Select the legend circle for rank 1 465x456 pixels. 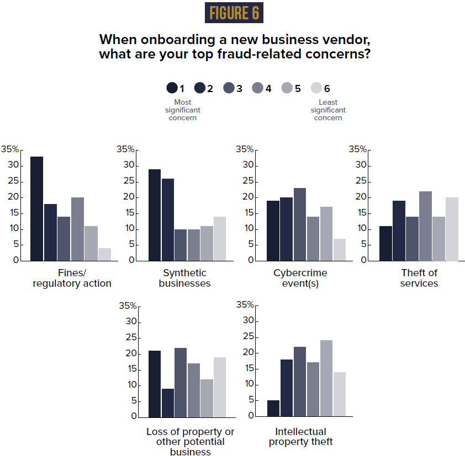tap(172, 88)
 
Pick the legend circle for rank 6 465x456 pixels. tap(316, 88)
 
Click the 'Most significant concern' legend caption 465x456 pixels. tap(182, 110)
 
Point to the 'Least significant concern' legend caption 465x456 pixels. tap(328, 110)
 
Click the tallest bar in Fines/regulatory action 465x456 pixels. tap(36, 208)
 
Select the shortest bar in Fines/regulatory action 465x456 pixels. tap(104, 254)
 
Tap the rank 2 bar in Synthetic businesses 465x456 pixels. tap(168, 219)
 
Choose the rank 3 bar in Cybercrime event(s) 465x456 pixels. tap(299, 224)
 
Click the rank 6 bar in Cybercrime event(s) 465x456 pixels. tap(340, 249)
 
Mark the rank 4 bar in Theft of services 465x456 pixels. tap(425, 226)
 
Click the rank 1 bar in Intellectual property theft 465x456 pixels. tap(273, 408)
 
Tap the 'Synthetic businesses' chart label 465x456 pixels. tap(184, 278)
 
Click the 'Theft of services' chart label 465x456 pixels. tap(420, 278)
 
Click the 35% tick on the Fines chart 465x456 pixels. tap(10, 149)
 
